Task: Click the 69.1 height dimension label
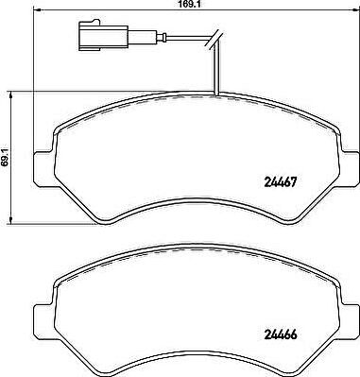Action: coord(6,159)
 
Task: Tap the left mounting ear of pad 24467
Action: coord(44,168)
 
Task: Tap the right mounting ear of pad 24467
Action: coord(349,169)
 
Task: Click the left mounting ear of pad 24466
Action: coord(44,321)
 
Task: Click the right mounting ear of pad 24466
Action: coord(349,322)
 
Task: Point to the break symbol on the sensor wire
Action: coord(215,40)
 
